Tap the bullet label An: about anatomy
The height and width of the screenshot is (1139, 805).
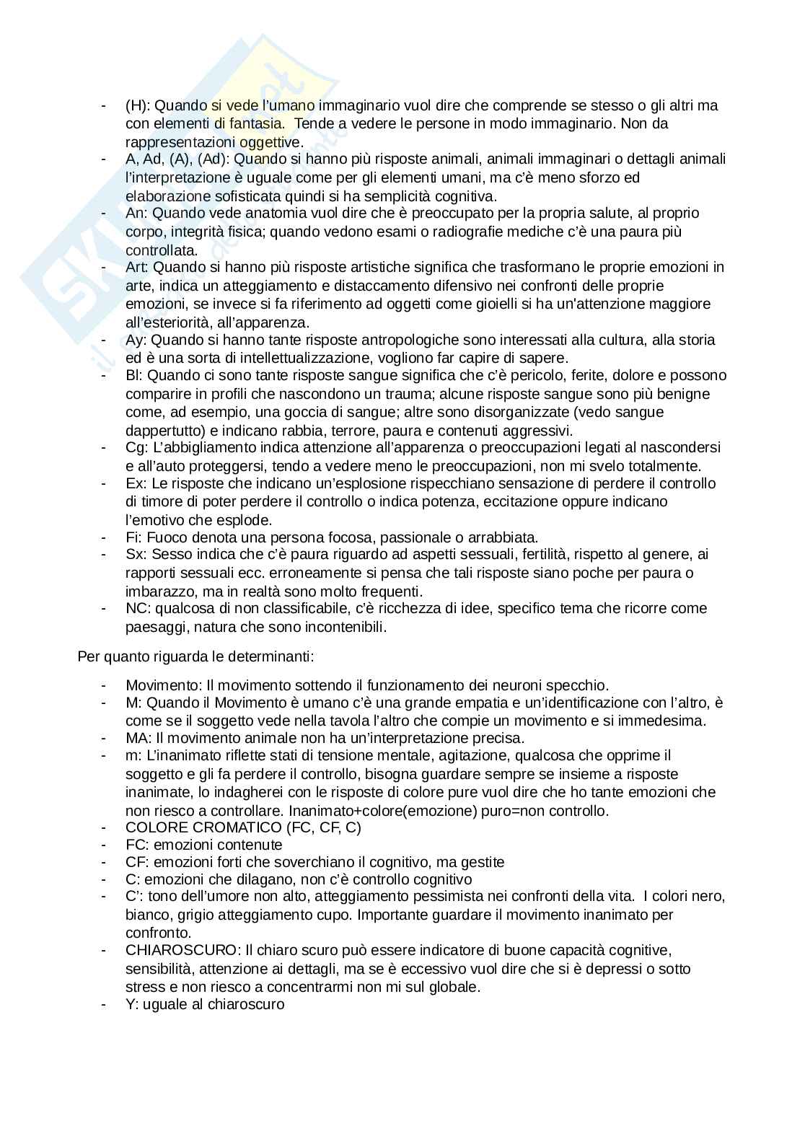(136, 214)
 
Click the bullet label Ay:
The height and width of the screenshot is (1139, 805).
(136, 340)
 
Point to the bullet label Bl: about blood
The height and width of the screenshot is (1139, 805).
(134, 376)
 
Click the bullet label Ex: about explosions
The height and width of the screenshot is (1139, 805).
(136, 483)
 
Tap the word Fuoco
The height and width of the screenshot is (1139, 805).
(162, 537)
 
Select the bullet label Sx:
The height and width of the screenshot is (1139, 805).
(136, 555)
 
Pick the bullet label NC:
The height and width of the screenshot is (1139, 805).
(137, 609)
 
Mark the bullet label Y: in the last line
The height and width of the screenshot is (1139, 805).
(132, 1004)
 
